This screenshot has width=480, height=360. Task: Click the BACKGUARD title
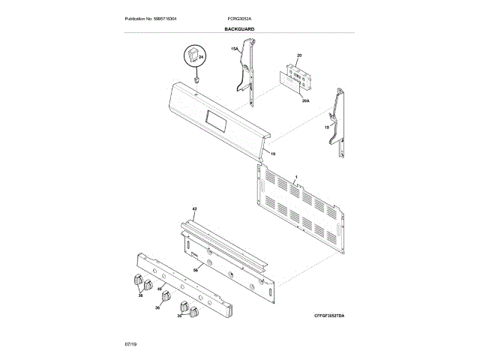[239, 28]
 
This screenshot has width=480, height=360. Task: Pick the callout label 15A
[234, 49]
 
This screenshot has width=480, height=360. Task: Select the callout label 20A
[305, 100]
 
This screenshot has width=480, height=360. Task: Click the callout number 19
[273, 154]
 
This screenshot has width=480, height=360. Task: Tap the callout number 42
[193, 208]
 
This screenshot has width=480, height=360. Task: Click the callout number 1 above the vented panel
[296, 176]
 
